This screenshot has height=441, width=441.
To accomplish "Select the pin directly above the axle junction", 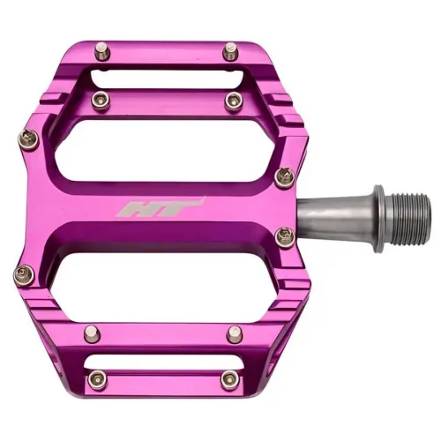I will click(x=285, y=178).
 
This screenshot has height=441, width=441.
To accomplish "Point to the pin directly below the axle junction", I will click(x=284, y=236).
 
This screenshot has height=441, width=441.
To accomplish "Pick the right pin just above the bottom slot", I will click(x=234, y=334).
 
